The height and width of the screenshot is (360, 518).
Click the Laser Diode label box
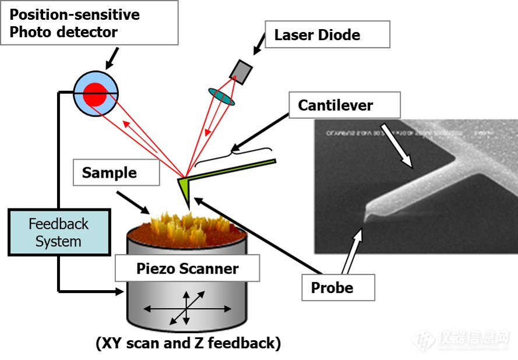pyautogui.click(x=327, y=34)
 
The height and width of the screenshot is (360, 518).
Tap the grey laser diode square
pyautogui.click(x=241, y=71)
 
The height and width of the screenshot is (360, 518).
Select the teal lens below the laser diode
pyautogui.click(x=221, y=97)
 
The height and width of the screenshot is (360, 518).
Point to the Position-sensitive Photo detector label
pyautogui.click(x=89, y=23)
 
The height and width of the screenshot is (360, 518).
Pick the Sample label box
pyautogui.click(x=117, y=173)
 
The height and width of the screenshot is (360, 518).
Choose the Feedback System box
pyautogui.click(x=59, y=232)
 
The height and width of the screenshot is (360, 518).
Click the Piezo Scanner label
pyautogui.click(x=187, y=269)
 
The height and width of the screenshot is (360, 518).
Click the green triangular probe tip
pyautogui.click(x=185, y=190)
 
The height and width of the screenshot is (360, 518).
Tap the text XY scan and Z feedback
pyautogui.click(x=188, y=343)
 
